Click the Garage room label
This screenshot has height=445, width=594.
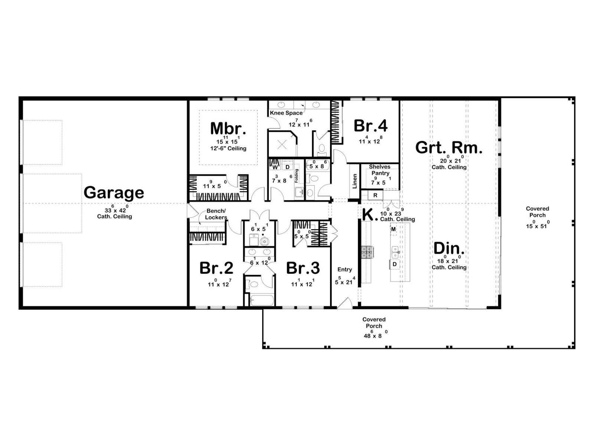[114, 192]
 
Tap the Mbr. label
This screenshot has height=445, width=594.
[228, 129]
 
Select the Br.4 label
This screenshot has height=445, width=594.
[371, 126]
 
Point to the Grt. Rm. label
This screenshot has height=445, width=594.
[449, 148]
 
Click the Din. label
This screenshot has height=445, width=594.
[449, 248]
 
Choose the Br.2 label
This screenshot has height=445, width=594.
[216, 268]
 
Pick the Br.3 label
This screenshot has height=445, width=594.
[303, 268]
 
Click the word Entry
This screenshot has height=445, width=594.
[345, 269]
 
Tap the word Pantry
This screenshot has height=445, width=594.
[380, 173]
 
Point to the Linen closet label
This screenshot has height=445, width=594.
[355, 181]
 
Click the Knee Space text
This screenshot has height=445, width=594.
[286, 113]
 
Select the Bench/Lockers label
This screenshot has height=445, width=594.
[216, 214]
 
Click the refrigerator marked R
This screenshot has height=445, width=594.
[375, 195]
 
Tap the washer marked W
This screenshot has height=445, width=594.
[275, 167]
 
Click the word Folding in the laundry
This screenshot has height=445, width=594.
[296, 176]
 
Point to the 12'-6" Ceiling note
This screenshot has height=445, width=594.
[228, 148]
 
